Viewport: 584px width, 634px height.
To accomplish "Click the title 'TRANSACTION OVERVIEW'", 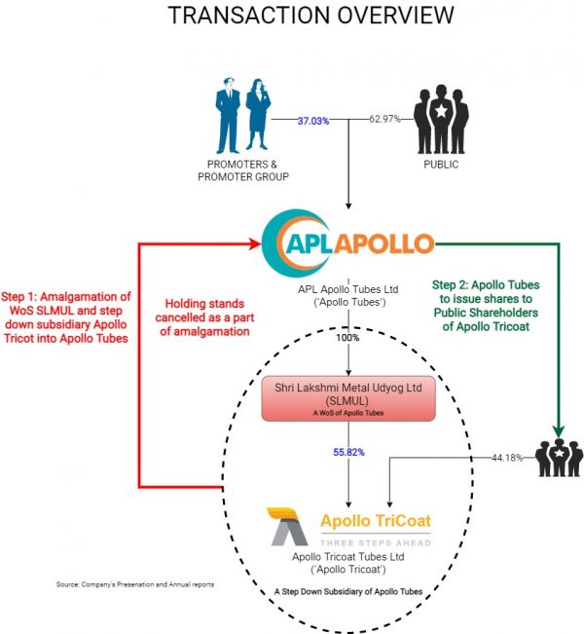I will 310,17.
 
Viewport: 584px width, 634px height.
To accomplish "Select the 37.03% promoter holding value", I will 313,120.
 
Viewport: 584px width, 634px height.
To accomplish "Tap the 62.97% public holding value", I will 385,120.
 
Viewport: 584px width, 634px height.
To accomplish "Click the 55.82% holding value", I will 348,453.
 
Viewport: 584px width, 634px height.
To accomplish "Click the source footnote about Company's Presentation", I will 135,584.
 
